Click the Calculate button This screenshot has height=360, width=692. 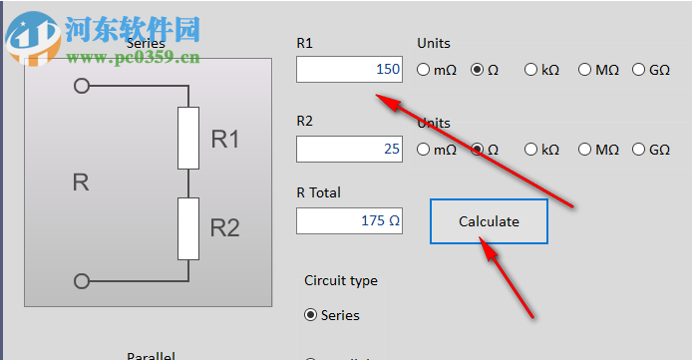[x=489, y=221]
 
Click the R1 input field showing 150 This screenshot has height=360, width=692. [x=349, y=70]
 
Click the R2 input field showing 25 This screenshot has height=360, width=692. [x=349, y=150]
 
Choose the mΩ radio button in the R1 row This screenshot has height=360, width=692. [x=424, y=70]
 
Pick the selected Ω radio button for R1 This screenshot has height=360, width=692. [x=478, y=70]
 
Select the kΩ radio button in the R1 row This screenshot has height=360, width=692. [x=531, y=70]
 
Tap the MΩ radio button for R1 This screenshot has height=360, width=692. [x=585, y=70]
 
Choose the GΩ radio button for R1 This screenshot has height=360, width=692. [x=639, y=70]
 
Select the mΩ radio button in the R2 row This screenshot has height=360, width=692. [x=424, y=150]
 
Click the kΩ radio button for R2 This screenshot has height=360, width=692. [x=531, y=150]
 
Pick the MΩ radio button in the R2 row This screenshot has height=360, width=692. [x=585, y=150]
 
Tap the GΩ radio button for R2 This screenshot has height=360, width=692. [x=639, y=150]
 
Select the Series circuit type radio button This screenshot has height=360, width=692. [x=311, y=315]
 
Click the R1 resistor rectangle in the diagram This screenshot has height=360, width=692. [x=188, y=138]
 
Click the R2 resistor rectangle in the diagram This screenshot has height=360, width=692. [x=188, y=228]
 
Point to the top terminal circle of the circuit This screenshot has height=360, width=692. [x=82, y=87]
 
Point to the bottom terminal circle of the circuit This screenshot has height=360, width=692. [x=82, y=280]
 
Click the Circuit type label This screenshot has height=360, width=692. [x=341, y=281]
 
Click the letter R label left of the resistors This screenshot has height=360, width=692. [x=82, y=182]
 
